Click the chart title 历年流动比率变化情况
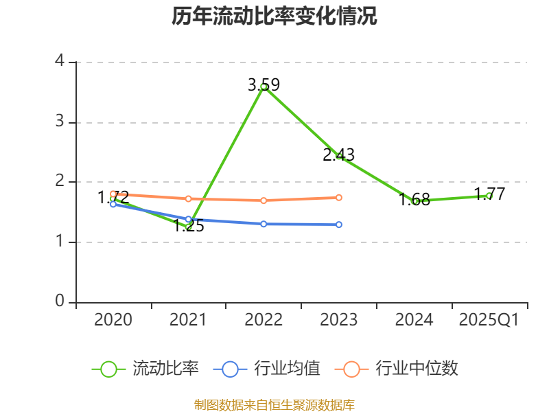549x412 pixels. (274, 16)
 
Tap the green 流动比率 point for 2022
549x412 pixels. (264, 87)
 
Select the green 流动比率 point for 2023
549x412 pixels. (339, 156)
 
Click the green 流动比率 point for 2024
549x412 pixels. (414, 201)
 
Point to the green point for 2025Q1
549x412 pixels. (489, 196)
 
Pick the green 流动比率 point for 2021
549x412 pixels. (189, 227)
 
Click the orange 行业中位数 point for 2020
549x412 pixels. (113, 194)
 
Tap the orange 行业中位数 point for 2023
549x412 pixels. (339, 198)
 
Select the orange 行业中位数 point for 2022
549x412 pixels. (264, 201)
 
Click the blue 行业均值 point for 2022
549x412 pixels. (264, 224)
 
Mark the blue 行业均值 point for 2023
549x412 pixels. (339, 225)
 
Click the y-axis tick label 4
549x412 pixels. (60, 61)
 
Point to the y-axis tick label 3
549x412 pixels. (60, 122)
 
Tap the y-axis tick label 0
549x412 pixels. (60, 301)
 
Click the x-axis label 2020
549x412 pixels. (113, 320)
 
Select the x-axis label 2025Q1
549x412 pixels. (489, 320)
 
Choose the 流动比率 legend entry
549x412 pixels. (146, 369)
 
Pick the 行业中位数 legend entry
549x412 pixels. (397, 369)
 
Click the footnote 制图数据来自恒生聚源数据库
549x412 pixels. (274, 405)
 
